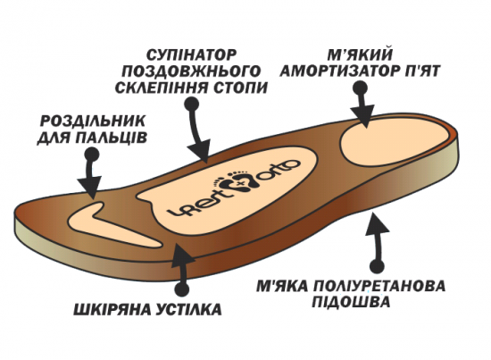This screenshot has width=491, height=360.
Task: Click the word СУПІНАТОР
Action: click(191, 55)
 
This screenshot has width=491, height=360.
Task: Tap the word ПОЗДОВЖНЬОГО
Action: click(191, 71)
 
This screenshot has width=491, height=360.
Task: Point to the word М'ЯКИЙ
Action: click(360, 55)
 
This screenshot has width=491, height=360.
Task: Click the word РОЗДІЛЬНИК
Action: click(93, 121)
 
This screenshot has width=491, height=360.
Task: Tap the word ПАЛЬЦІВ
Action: click(111, 138)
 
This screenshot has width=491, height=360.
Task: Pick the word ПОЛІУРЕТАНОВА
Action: click(379, 287)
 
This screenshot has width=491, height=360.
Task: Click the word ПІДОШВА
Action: click(351, 302)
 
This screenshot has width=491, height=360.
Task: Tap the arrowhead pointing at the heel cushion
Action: click(363, 115)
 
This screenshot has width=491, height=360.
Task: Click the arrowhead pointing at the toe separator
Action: click(90, 187)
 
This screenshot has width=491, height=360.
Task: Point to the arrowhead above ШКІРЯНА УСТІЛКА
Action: click(181, 255)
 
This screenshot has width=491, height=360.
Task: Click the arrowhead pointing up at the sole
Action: click(377, 222)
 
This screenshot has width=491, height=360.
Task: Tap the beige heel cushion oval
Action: click(395, 142)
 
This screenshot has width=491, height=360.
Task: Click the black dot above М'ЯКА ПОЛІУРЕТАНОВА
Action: click(377, 266)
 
